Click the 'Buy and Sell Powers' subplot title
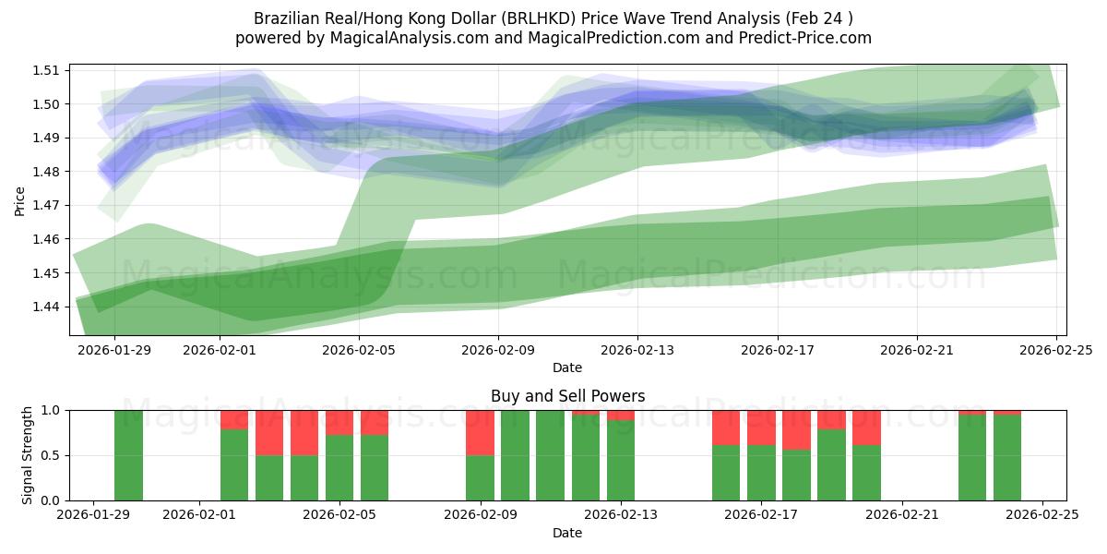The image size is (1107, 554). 566,396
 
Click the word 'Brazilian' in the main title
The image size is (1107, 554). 286,18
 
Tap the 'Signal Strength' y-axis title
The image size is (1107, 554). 28,454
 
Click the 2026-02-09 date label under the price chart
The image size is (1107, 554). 499,350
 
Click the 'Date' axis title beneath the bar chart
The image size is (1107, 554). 566,533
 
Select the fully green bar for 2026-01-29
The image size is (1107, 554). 129,455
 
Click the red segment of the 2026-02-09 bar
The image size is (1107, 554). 480,432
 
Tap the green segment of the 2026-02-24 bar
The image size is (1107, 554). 1007,458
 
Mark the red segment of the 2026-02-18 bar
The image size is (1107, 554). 796,429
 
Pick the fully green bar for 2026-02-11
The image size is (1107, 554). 550,455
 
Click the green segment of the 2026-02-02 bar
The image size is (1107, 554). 234,464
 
